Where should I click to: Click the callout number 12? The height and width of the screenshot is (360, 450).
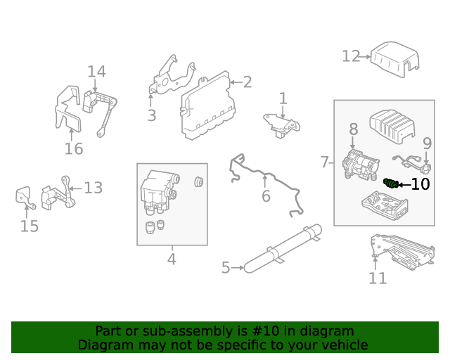(x=351, y=56)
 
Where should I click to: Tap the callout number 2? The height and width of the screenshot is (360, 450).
(x=247, y=82)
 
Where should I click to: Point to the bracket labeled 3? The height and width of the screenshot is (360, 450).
(x=169, y=77)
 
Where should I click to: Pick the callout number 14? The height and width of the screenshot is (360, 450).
(x=96, y=71)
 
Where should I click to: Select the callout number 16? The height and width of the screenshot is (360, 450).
(x=74, y=148)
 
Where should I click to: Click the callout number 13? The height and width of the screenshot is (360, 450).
(x=94, y=188)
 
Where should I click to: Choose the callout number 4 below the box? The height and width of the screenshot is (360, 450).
(x=172, y=259)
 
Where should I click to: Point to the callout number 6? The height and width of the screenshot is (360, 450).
(x=266, y=196)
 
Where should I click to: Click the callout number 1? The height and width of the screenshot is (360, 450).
(x=283, y=98)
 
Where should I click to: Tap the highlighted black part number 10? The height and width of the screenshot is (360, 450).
(x=391, y=184)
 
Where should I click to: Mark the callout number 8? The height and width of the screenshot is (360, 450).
(x=353, y=129)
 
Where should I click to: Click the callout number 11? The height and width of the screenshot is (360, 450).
(x=378, y=278)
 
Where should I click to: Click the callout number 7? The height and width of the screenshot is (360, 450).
(x=325, y=162)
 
